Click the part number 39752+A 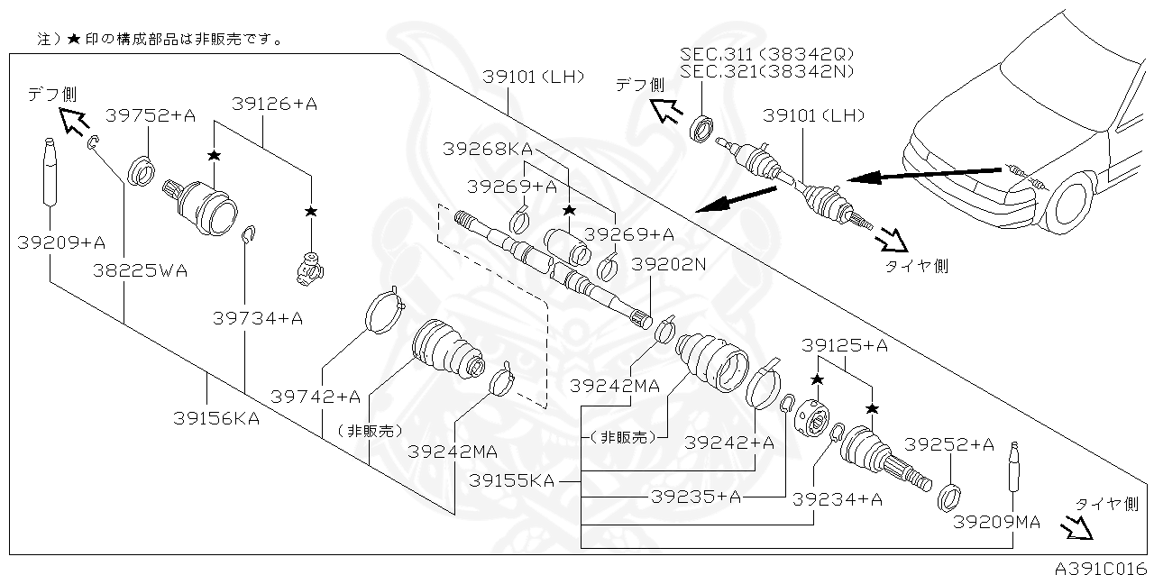point(151,115)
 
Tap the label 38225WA point(140,270)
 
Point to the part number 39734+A point(258,317)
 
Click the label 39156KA point(216,418)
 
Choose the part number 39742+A point(316,397)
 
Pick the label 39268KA point(487,149)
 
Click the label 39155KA point(511,481)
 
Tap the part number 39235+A point(695,497)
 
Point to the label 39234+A point(838,499)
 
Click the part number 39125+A point(845,345)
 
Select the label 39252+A point(949,444)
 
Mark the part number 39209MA point(997,522)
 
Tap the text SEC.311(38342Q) point(767,55)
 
